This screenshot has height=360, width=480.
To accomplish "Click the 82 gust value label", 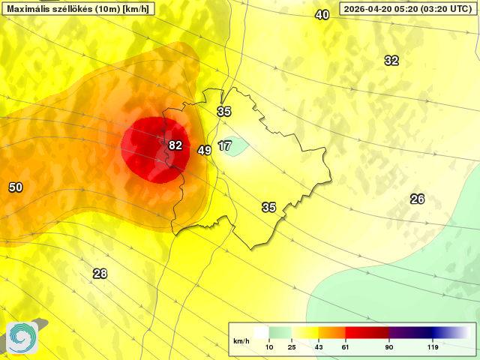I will pos(175,145).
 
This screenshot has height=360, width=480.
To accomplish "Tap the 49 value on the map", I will pos(204,151).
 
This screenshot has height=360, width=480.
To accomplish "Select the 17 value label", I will pos(225,145).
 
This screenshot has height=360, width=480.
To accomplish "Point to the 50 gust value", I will pos(15,187).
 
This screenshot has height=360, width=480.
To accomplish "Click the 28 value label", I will pos(100,274).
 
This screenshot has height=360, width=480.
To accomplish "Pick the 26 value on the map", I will pos(417,199).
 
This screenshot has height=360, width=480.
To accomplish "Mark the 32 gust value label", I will pos(391,61).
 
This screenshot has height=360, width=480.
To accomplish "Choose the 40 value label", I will pos(322,15).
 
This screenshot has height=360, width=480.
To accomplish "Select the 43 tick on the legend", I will pos(318,347).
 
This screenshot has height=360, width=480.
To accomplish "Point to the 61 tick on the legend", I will pos(346,347).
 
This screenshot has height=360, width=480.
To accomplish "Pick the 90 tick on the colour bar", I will pos(388,347).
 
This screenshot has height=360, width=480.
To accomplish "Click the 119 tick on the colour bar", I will pos(433,347).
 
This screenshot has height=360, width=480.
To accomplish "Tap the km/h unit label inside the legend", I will pos(241,341).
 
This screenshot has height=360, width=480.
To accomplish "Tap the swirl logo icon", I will pos(22,337).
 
